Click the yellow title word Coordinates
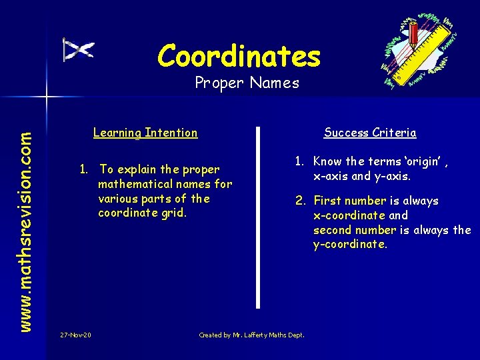click(x=239, y=56)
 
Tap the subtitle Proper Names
click(x=247, y=83)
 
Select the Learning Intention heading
click(x=145, y=133)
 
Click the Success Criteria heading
click(x=370, y=133)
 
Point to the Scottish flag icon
click(x=79, y=50)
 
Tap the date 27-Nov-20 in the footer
click(x=75, y=335)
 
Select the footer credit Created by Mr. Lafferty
click(x=251, y=335)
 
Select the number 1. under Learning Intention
click(x=85, y=169)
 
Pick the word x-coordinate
click(x=349, y=215)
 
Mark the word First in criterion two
click(x=326, y=201)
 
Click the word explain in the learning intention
click(x=135, y=169)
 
